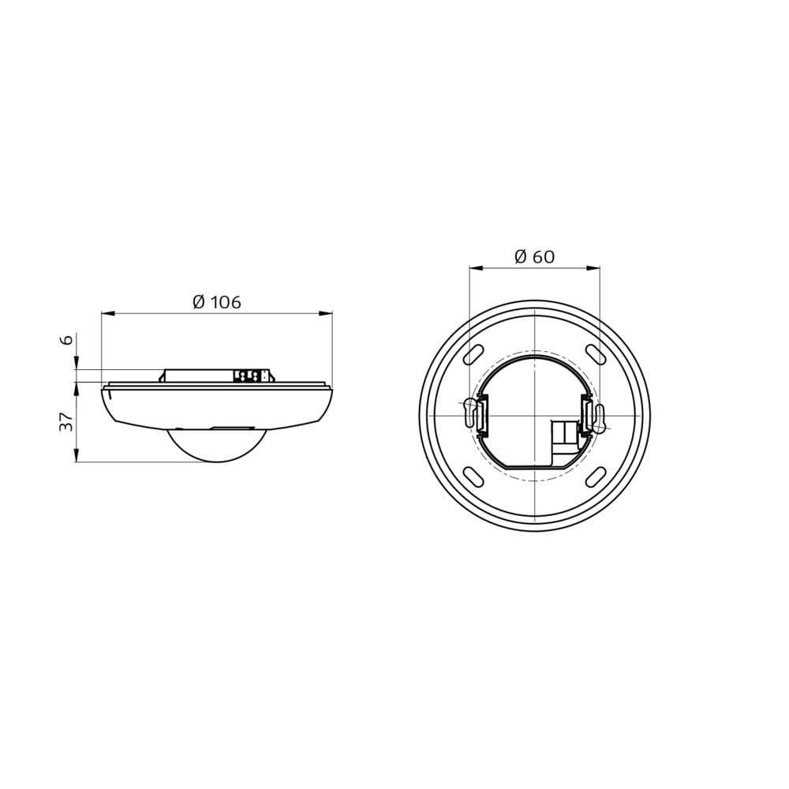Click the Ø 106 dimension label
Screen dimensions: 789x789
click(217, 302)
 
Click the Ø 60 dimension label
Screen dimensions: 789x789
click(534, 256)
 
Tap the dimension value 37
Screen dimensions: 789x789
click(66, 421)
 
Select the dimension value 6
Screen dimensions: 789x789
click(66, 339)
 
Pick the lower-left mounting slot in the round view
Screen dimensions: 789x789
click(473, 477)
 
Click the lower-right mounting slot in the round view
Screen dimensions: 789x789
click(596, 477)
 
